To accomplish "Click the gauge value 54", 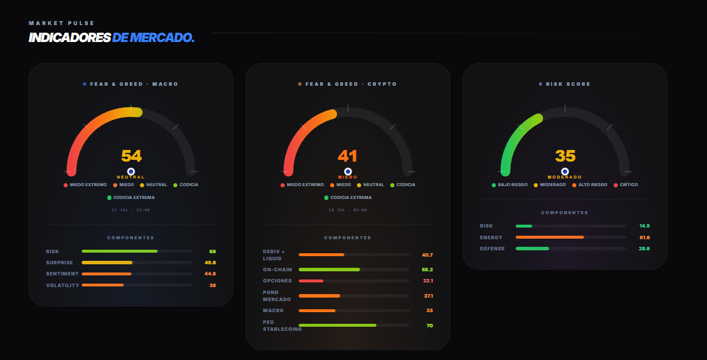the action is click(131, 156).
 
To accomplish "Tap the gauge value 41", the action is click(348, 156).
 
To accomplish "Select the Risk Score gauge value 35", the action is click(565, 156).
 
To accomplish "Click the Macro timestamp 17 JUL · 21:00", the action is click(131, 210).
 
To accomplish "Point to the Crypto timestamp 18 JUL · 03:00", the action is click(348, 210).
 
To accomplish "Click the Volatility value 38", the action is click(212, 285).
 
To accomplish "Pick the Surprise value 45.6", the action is click(210, 263).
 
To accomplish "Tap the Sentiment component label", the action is click(62, 274).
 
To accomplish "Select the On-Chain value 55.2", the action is click(427, 270).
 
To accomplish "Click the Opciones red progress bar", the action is click(311, 281).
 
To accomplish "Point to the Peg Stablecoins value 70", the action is click(429, 325).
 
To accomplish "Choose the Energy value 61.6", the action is click(645, 237).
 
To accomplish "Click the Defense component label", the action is click(492, 249).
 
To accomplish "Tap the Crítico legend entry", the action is click(625, 185).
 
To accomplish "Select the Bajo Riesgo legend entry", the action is click(509, 185).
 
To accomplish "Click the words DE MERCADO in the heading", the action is click(153, 37).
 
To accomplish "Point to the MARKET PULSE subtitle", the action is click(62, 23).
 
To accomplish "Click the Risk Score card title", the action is click(565, 84).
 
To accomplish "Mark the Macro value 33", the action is click(429, 310).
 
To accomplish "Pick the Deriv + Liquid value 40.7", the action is click(428, 255).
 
